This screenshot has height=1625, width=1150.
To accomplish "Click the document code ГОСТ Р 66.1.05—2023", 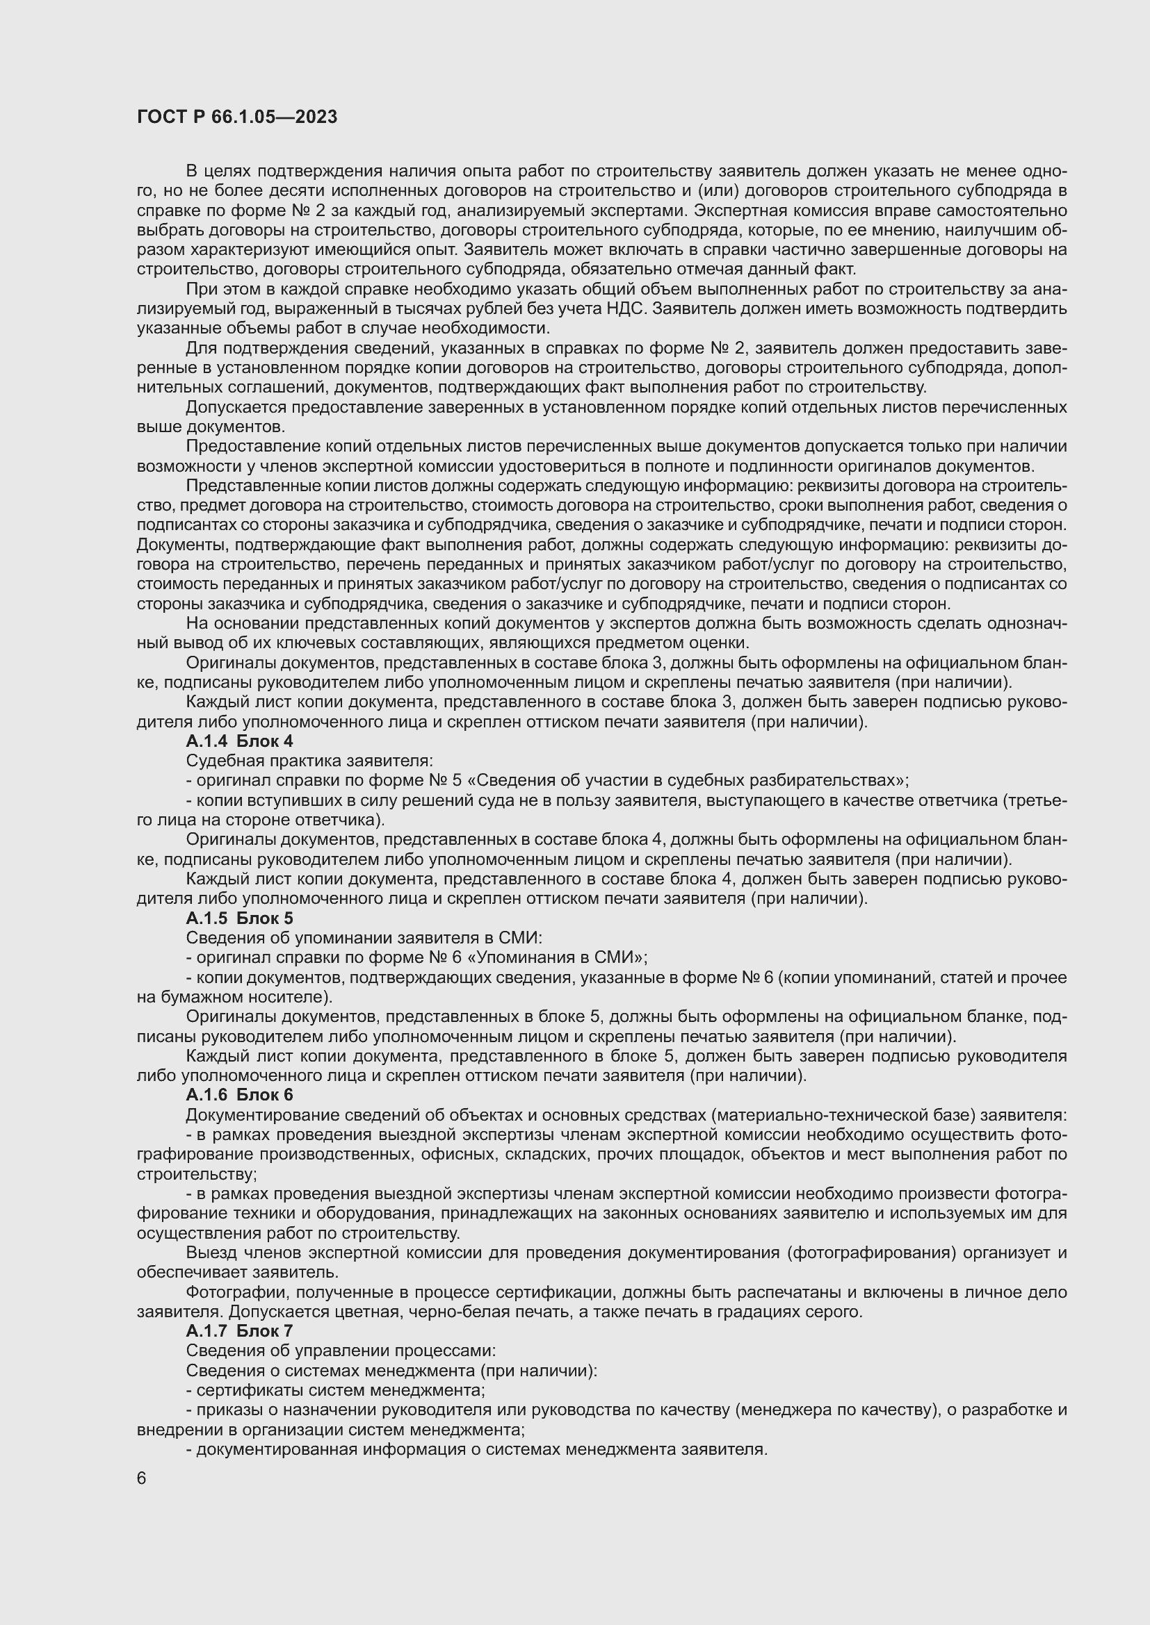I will (236, 117).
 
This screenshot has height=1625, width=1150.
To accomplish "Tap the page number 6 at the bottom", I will (142, 1478).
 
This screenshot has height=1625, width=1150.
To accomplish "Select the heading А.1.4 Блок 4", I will (239, 741).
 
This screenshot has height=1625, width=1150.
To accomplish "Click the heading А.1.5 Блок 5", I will (239, 918).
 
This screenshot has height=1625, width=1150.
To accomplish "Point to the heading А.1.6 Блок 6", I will (239, 1094).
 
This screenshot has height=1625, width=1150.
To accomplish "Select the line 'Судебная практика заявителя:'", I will (309, 761).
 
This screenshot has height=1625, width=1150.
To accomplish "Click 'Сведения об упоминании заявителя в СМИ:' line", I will (364, 938).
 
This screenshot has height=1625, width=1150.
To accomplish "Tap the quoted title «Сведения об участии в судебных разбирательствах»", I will (686, 781).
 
